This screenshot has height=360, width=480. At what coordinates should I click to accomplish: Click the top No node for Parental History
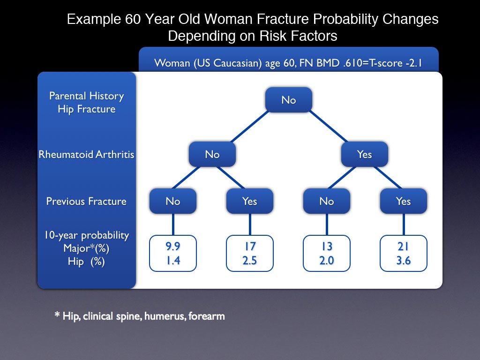[x=289, y=100]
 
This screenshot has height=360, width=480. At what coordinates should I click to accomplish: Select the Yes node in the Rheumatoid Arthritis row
[x=365, y=154]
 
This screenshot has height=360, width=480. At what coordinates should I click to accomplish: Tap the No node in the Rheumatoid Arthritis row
[x=212, y=154]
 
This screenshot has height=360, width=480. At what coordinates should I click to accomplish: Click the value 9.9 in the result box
[x=173, y=246]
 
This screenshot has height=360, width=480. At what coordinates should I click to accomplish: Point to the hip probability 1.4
[x=173, y=261]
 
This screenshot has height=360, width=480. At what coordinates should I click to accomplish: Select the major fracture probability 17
[x=250, y=246]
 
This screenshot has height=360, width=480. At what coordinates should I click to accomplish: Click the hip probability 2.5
[x=250, y=261]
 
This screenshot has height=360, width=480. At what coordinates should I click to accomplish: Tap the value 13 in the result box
[x=327, y=246]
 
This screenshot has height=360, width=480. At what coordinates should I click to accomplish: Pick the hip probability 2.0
[x=327, y=261]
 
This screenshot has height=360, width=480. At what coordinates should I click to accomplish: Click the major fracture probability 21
[x=403, y=246]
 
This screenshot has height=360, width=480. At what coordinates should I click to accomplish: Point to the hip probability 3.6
[x=404, y=261]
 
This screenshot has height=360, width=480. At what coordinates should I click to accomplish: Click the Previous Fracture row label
[x=86, y=201]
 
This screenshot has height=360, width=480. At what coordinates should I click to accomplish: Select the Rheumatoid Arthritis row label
[x=86, y=154]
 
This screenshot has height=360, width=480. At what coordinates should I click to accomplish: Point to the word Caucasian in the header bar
[x=238, y=63]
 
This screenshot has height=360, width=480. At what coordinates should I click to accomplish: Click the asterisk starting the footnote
[x=57, y=315]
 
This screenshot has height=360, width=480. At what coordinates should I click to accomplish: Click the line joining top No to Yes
[x=328, y=127]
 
